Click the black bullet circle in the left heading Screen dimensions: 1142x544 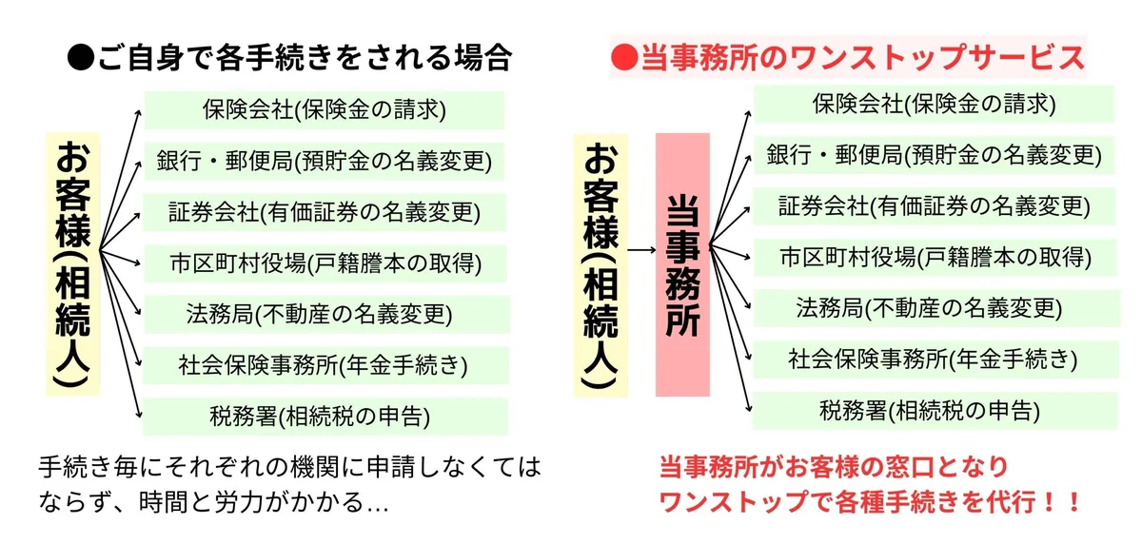81,57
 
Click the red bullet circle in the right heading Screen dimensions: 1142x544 624,57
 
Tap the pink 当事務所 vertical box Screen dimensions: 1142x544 682,265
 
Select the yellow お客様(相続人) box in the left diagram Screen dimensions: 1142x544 73,263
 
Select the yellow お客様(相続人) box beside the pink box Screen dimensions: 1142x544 601,265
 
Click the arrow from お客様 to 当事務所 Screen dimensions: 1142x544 641,250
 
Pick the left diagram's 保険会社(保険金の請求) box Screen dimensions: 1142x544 325,110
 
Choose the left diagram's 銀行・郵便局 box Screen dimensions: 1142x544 325,162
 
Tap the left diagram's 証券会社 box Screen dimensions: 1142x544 325,212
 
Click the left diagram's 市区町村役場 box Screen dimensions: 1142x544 325,263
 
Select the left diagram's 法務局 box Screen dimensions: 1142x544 326,314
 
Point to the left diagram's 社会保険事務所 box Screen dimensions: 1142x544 325,365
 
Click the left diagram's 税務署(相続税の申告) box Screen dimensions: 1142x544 325,417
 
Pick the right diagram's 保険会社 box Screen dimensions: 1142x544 934,104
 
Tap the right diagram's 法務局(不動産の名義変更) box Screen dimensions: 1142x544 936,308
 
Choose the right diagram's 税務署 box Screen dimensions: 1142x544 935,411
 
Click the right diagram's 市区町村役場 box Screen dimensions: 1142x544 935,257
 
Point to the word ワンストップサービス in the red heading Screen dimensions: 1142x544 936,57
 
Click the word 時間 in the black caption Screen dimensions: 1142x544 163,503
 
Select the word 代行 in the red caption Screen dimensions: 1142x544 1012,502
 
